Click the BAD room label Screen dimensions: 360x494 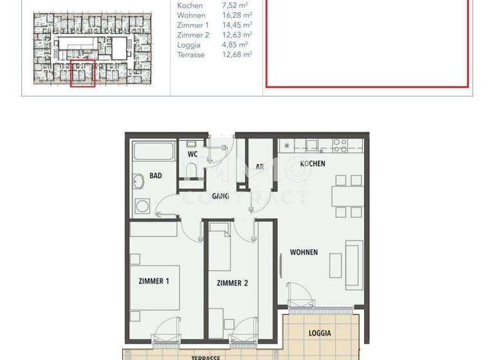click(x=156, y=175)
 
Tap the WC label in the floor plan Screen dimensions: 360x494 click(x=192, y=154)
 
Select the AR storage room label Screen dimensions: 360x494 click(x=260, y=166)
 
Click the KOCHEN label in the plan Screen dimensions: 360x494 click(x=313, y=163)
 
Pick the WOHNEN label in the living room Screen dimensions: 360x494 click(x=304, y=252)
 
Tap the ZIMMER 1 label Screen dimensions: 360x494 click(x=154, y=281)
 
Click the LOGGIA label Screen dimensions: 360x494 click(x=320, y=333)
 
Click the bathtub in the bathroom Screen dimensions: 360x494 click(x=154, y=153)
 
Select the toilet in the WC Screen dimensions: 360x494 click(x=192, y=170)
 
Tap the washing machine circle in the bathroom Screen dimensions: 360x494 click(x=142, y=206)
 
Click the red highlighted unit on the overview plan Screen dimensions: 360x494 click(x=82, y=73)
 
